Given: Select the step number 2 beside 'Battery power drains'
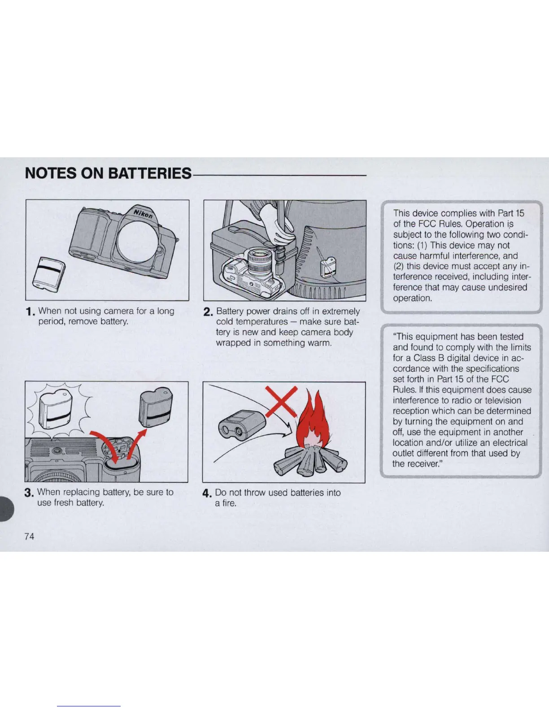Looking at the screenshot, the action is coord(208,312).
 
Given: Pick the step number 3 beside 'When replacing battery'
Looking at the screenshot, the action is coord(29,494).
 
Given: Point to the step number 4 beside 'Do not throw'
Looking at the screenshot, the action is coord(207,494).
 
